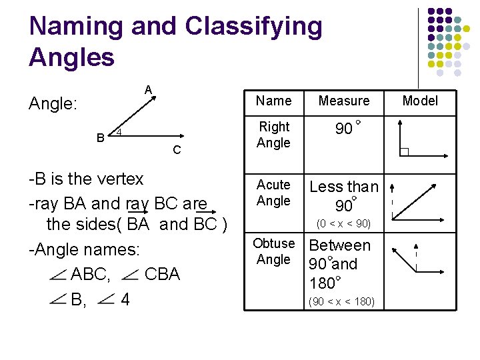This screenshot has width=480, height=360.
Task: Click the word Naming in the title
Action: click(75, 27)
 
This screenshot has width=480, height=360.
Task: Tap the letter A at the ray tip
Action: click(148, 90)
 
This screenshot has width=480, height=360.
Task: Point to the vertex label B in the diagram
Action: click(100, 138)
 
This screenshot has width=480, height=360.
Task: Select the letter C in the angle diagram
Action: click(176, 150)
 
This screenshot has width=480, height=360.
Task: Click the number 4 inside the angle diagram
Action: click(118, 131)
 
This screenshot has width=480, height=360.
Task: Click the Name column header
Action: click(274, 101)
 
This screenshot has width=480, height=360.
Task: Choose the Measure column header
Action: click(344, 101)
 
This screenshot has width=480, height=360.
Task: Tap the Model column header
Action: click(420, 101)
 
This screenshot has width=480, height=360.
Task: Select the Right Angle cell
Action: click(274, 135)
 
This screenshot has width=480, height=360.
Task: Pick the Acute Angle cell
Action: click(273, 193)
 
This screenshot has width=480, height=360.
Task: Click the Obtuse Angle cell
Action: click(273, 251)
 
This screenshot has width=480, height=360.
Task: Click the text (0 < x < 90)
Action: click(343, 223)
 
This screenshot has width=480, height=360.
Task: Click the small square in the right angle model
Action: click(404, 152)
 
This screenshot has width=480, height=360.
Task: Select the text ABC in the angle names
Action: click(91, 275)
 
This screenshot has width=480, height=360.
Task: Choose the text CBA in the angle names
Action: click(162, 275)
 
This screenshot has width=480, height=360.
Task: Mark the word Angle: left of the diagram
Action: click(53, 103)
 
